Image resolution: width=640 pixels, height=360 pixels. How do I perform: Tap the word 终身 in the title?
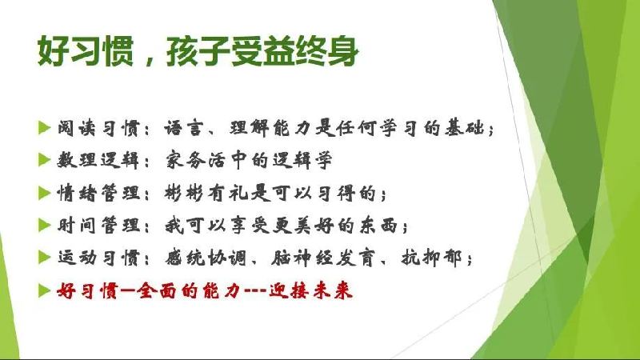(326, 51)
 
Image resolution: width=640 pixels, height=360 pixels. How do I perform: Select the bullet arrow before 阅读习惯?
(44, 128)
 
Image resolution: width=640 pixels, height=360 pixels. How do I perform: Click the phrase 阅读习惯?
(98, 129)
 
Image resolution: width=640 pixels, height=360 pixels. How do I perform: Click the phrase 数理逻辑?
(98, 161)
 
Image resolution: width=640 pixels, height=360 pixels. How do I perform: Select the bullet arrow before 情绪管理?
(44, 192)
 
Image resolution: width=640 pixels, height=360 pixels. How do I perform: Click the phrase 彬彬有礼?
(206, 193)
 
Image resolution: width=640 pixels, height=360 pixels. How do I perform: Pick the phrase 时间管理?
(98, 226)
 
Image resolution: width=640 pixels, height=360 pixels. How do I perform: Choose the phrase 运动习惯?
(98, 258)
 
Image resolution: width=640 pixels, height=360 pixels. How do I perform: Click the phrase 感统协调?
(206, 258)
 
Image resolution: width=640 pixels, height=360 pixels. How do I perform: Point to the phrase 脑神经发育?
(322, 258)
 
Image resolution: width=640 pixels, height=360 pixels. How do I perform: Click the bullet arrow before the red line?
(44, 290)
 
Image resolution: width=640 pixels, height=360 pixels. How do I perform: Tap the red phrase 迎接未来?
(310, 291)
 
